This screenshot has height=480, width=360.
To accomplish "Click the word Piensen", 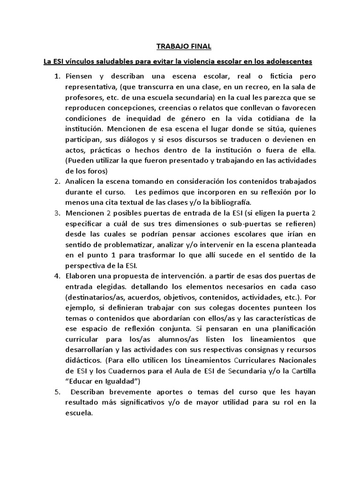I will (x=79, y=76).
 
